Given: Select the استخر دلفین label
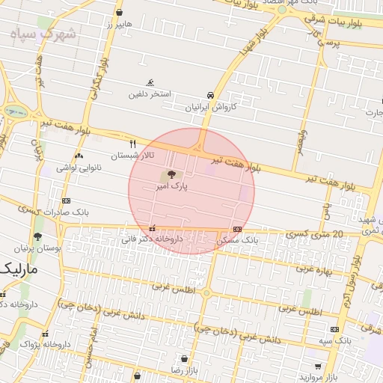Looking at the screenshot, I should [150, 94].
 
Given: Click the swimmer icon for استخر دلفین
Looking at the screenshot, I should [150, 82].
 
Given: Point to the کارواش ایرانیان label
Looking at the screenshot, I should [211, 107].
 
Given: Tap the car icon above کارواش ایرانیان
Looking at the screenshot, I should [211, 95].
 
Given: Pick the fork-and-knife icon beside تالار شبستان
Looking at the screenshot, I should [133, 144].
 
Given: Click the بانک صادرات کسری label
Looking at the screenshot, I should [66, 212].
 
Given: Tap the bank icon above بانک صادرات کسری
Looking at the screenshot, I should [66, 200].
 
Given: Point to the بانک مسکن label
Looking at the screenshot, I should [237, 241].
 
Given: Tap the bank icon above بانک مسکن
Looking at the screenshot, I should [237, 229].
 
